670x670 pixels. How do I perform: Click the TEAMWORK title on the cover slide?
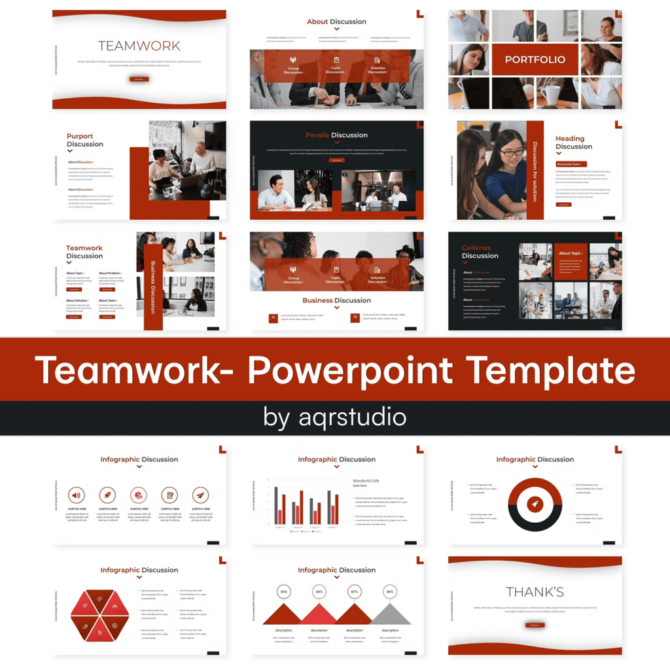(139, 46)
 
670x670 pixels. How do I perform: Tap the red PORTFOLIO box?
(535, 60)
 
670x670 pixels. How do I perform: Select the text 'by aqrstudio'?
(335, 417)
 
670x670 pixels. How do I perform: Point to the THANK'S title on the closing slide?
(535, 592)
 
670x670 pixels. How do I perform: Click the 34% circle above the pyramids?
(284, 591)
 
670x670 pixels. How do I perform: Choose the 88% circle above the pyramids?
(390, 591)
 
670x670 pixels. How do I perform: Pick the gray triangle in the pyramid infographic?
(390, 614)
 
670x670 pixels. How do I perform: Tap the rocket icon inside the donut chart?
(535, 504)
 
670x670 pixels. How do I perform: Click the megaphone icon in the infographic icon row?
(77, 495)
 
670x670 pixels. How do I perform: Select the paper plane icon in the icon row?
(201, 495)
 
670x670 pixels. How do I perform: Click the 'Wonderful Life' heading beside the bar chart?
(366, 481)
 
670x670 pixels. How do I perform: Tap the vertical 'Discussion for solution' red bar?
(535, 170)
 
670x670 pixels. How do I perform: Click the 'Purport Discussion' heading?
(84, 140)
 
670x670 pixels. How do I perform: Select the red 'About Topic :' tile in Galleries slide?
(571, 262)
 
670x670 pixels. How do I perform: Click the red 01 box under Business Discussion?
(273, 318)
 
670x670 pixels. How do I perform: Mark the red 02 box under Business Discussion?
(355, 318)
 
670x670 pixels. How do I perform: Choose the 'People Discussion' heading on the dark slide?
(336, 135)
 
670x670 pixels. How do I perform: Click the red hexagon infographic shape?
(97, 615)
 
